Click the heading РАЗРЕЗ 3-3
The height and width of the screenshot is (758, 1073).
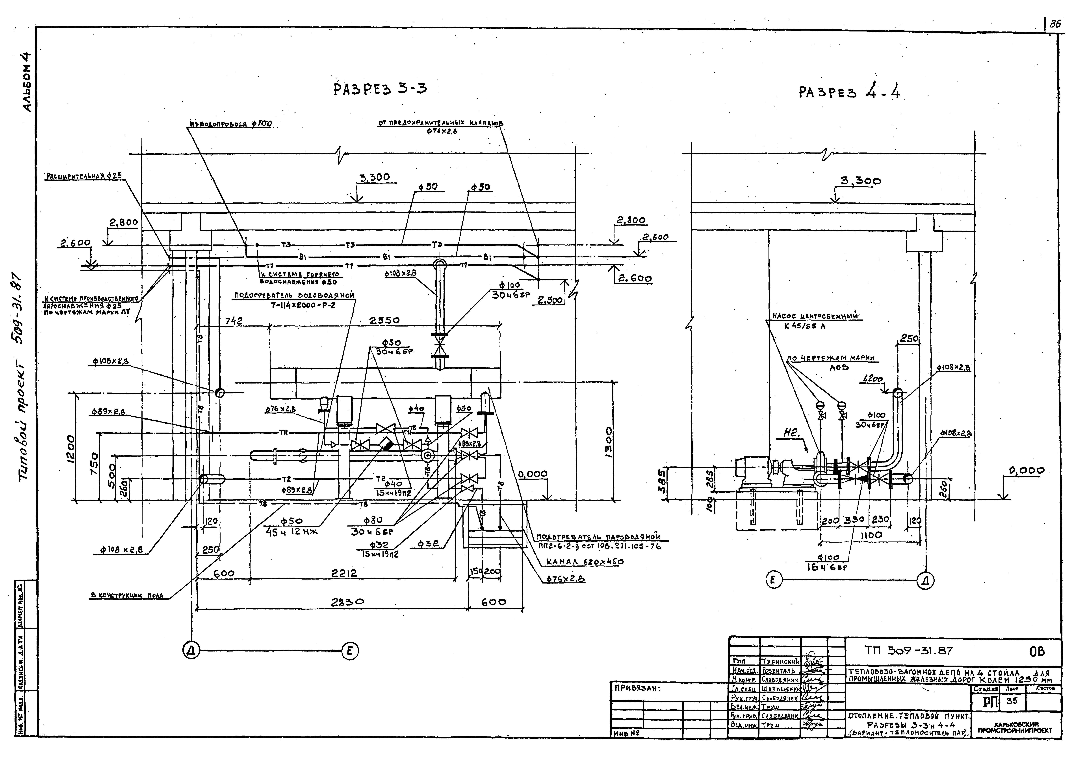(379, 89)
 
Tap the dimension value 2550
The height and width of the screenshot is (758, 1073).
(385, 320)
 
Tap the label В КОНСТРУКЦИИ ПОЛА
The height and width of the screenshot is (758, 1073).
(127, 595)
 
